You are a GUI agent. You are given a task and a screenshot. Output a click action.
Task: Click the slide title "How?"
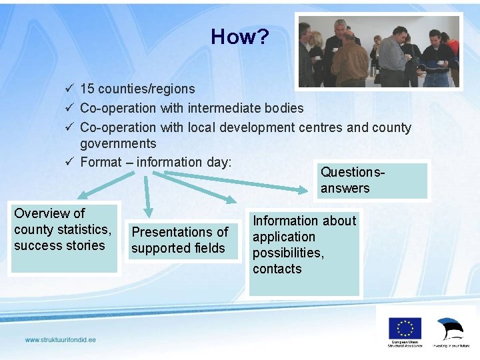tap(240, 37)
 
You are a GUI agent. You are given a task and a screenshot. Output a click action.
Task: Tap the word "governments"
tap(118, 143)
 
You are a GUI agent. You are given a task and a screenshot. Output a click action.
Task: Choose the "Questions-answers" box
tap(371, 180)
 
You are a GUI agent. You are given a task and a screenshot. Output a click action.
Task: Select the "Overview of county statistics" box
tap(63, 237)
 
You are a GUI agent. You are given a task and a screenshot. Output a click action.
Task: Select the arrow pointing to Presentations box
tap(147, 193)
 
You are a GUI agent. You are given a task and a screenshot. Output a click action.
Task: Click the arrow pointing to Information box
tap(200, 187)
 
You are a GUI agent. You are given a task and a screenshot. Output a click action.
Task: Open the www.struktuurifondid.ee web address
tap(61, 340)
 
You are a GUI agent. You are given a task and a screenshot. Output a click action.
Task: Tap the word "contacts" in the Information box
tap(277, 269)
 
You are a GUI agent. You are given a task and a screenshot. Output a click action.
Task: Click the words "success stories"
tap(59, 245)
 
